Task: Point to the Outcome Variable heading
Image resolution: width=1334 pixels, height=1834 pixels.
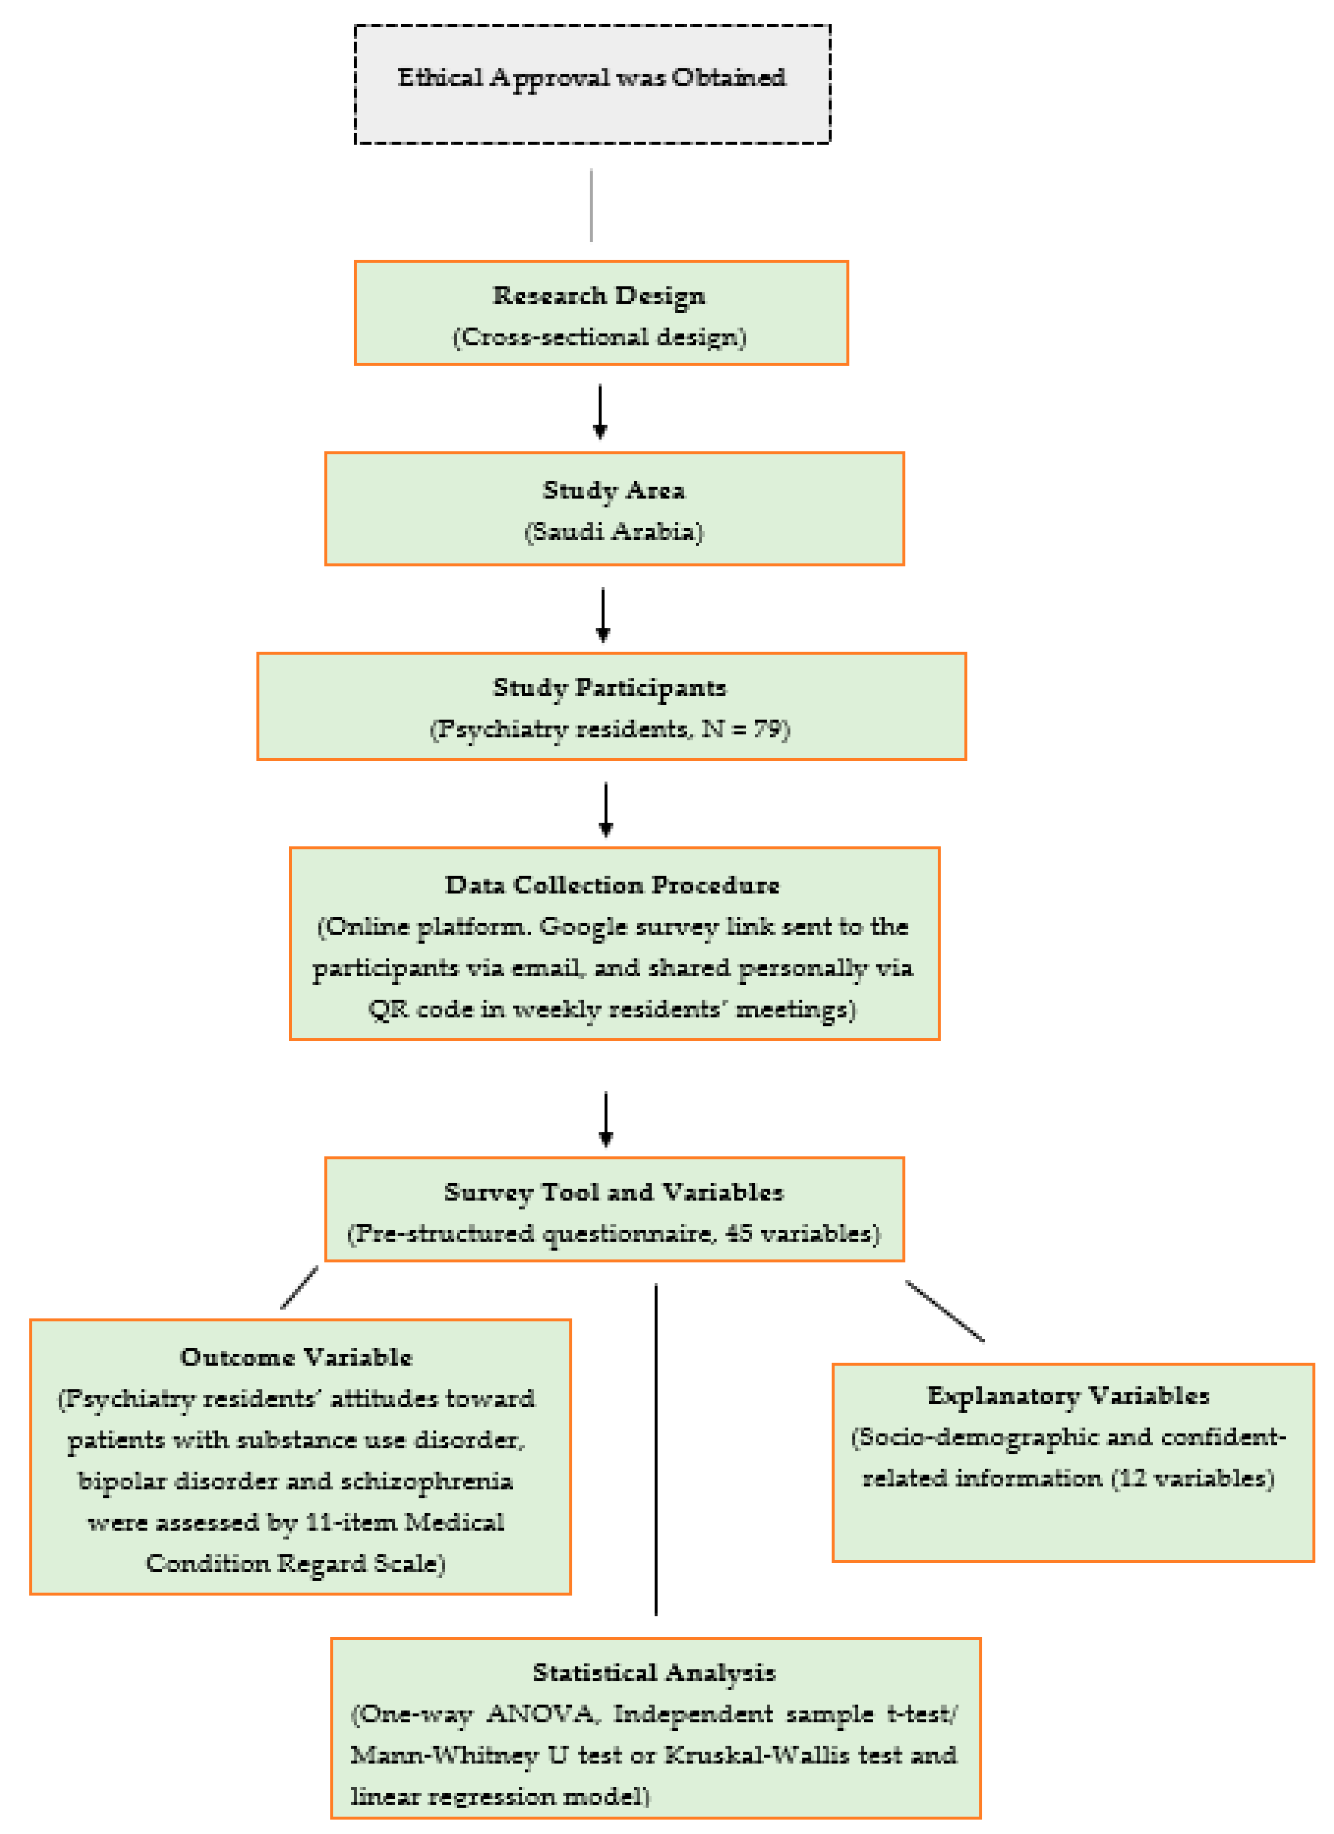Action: (x=296, y=1358)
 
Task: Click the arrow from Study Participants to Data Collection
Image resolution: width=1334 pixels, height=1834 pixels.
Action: (x=606, y=809)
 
